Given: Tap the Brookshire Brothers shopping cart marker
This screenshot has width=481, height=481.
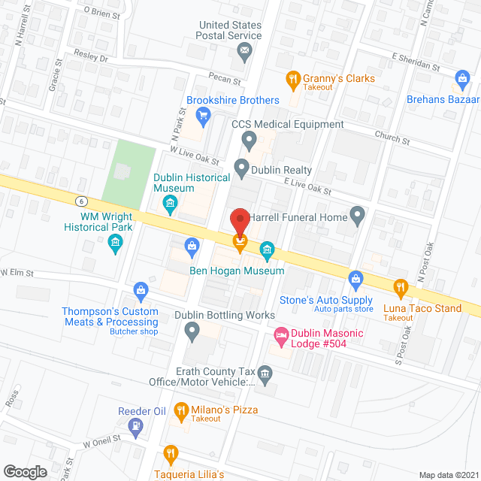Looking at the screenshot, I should (202, 115).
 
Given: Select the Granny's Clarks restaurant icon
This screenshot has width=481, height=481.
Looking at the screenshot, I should (292, 78).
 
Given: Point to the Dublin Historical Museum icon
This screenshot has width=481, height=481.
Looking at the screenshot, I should (170, 202).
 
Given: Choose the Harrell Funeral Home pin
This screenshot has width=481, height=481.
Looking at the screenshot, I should (358, 217).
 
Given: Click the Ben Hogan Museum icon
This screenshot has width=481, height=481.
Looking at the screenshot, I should (266, 249).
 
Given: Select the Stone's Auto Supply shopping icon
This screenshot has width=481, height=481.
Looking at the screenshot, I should (356, 280).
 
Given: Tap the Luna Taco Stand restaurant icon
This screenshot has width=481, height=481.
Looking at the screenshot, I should (401, 286).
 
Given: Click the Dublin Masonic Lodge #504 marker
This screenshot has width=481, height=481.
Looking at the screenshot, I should (281, 334).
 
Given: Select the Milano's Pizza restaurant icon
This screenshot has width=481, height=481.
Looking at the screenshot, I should (180, 410).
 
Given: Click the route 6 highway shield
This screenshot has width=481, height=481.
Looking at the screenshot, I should (80, 201).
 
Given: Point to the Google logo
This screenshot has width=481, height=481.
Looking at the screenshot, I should (25, 471).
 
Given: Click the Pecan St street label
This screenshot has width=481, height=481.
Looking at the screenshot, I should (225, 80).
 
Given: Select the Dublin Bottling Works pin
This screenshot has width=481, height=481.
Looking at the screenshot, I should (192, 330).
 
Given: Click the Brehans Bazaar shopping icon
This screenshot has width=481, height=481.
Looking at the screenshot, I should (462, 77).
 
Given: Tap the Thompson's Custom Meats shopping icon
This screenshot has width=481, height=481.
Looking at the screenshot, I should (140, 289).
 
